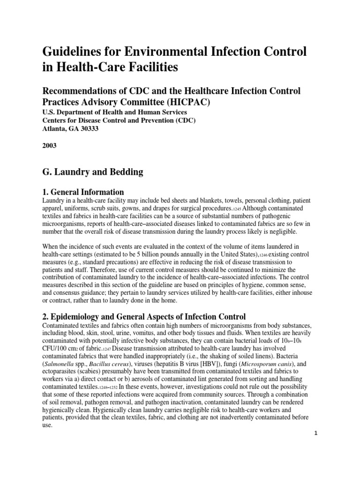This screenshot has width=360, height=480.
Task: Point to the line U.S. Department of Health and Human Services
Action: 114,112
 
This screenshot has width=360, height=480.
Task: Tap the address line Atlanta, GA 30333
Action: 72,128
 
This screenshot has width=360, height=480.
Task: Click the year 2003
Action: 49,146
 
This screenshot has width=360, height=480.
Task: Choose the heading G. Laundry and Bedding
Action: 92,172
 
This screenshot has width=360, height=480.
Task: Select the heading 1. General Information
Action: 83,192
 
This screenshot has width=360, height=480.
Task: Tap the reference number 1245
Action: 237,208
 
